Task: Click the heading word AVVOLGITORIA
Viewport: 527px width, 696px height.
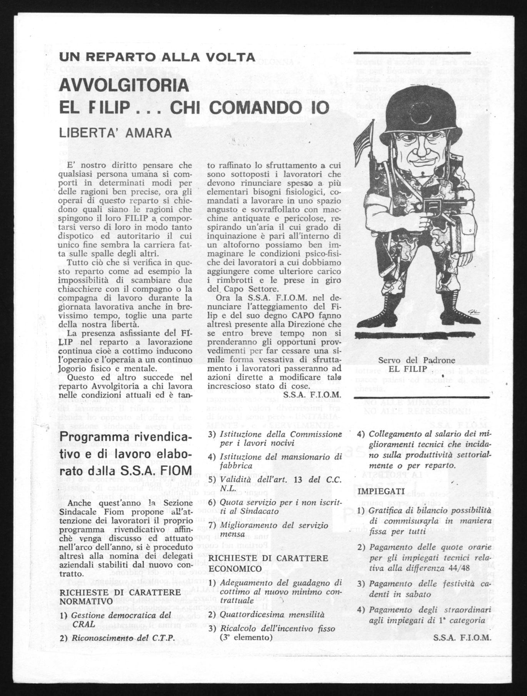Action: click(x=124, y=85)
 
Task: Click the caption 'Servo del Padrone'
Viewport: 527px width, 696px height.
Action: click(x=417, y=361)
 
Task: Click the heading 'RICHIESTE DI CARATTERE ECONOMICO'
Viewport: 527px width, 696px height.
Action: click(x=268, y=562)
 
